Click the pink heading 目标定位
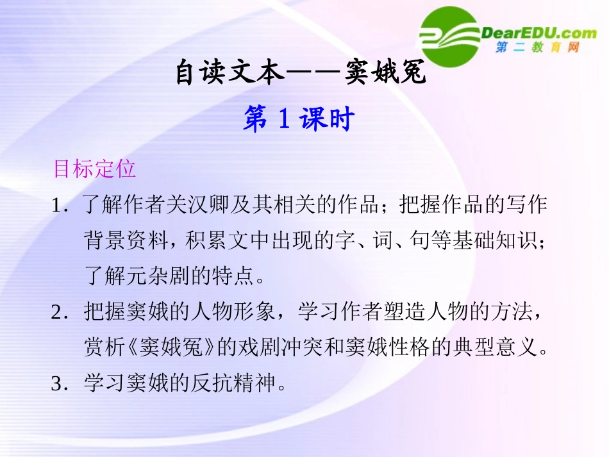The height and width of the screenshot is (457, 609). [x=94, y=169]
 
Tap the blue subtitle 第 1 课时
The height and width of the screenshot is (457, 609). [x=298, y=119]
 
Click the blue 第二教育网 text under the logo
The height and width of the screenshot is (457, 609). [x=537, y=48]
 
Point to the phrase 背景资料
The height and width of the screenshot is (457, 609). [x=122, y=241]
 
